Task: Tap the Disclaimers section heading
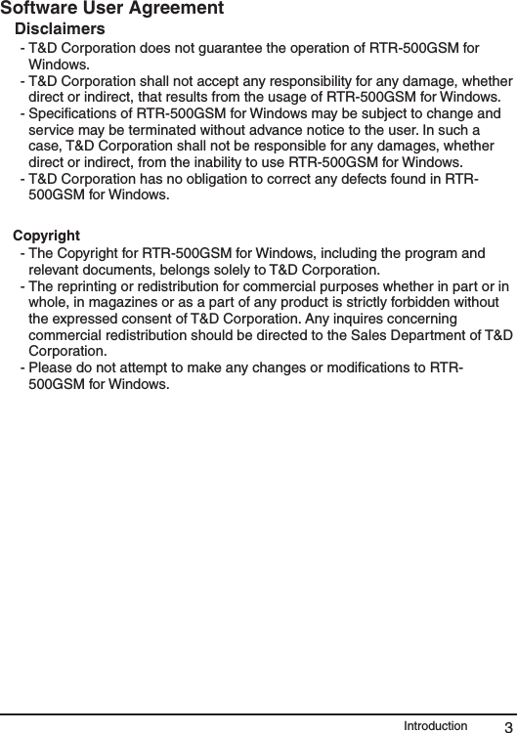click(x=61, y=28)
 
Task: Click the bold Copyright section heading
click(x=46, y=236)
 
